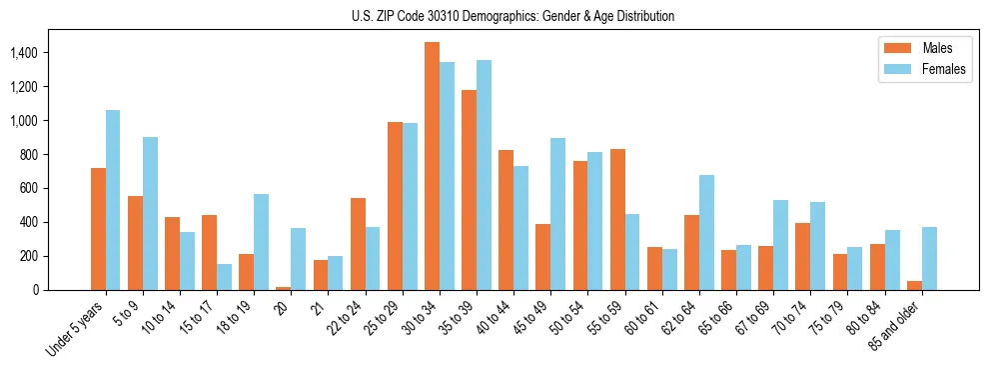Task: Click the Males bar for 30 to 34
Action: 432,166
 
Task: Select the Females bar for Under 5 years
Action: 113,200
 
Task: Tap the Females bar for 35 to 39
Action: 484,175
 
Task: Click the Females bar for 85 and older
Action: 929,258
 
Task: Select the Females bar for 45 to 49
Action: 557,214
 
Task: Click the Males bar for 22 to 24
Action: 358,244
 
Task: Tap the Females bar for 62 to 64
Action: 706,232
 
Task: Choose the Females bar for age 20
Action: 298,259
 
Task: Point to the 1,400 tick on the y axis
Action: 50,52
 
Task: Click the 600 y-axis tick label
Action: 56,188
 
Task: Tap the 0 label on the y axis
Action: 62,290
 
